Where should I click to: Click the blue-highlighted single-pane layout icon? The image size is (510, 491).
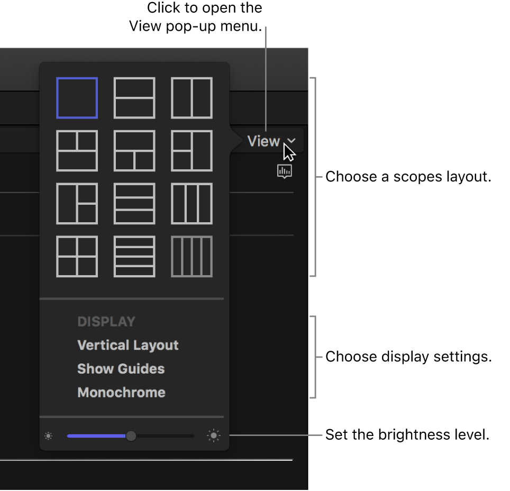tap(77, 98)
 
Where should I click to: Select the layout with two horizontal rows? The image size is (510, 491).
tap(134, 98)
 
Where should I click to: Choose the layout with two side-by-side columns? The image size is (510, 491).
tap(192, 98)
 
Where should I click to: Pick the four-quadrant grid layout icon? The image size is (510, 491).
tap(77, 257)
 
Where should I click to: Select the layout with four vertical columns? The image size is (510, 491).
tap(192, 257)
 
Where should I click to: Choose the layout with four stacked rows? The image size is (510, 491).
tap(134, 257)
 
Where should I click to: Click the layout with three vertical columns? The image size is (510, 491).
tap(192, 204)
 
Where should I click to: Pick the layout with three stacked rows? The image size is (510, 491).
tap(134, 204)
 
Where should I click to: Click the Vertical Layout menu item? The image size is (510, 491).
tap(128, 345)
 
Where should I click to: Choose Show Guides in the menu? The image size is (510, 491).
tap(121, 369)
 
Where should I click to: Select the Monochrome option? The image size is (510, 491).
tap(121, 393)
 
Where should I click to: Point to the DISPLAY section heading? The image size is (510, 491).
tap(106, 322)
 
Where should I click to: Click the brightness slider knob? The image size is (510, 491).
tap(131, 436)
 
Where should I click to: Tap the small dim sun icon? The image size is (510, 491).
tap(49, 436)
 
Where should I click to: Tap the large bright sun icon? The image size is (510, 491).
tap(214, 436)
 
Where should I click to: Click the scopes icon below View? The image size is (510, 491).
tap(285, 171)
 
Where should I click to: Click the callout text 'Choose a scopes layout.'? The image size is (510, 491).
tap(408, 177)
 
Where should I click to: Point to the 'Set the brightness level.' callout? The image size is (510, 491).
tap(407, 435)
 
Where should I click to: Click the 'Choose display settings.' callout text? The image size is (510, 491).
tap(408, 357)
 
